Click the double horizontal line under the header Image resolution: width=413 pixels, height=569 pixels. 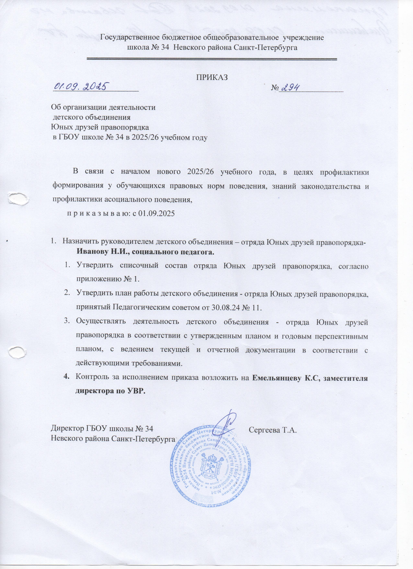point(212,59)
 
